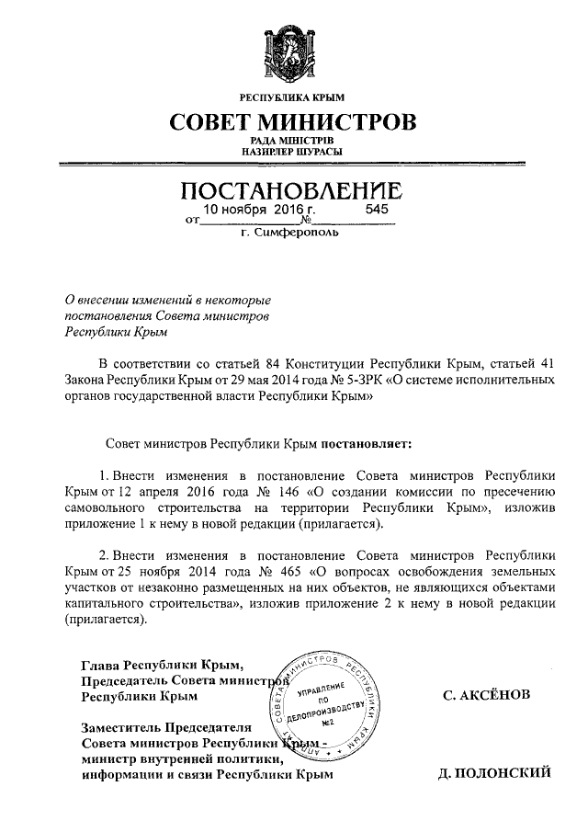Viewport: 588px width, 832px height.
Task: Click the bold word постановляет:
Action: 367,442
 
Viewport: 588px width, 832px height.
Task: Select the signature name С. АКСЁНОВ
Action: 486,695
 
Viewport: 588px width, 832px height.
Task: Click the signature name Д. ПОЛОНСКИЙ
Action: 495,773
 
